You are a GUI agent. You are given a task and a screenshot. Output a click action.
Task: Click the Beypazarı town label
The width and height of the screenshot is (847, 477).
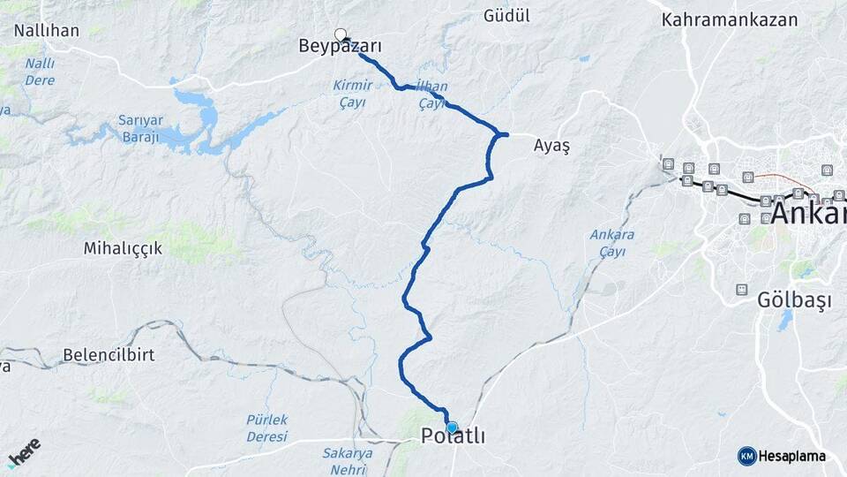point(340,48)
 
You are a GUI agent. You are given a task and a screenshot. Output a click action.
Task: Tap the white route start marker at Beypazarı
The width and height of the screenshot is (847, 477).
point(341,35)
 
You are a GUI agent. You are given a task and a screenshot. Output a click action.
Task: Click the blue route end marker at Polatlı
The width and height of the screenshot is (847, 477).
point(452,428)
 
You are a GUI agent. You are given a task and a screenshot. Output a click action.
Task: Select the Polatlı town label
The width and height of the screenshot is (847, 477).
point(453,436)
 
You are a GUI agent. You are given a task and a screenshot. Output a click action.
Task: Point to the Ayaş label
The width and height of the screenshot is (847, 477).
point(552,148)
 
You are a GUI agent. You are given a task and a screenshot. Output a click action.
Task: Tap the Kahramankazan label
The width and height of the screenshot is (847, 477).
point(730,19)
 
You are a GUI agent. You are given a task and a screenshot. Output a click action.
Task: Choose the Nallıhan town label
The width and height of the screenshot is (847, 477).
point(47,31)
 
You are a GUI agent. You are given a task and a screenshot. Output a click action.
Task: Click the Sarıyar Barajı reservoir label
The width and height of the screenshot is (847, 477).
point(139,128)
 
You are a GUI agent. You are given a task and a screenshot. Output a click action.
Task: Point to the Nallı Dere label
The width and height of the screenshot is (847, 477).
point(40,72)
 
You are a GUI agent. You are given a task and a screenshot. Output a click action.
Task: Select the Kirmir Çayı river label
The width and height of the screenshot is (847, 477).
point(353,93)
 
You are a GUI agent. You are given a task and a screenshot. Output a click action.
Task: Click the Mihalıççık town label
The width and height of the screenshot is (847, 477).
point(123,248)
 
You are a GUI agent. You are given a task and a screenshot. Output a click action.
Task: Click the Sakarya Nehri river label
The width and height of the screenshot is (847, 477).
point(347,461)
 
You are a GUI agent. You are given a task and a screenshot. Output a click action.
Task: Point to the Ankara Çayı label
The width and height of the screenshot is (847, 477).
point(611,243)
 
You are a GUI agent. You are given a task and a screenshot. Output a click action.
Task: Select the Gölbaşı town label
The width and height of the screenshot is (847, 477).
point(795,300)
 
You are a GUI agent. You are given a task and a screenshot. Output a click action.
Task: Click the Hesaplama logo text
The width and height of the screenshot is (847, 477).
point(792,457)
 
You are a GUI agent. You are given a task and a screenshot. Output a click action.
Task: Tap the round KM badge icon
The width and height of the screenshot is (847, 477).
point(746,456)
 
